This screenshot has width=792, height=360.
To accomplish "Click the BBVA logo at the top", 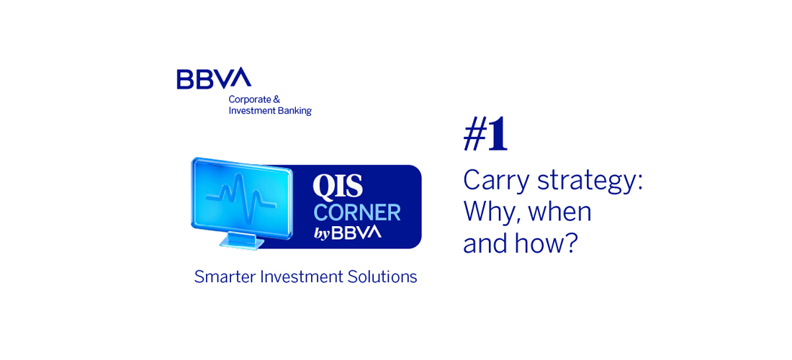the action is point(214,78).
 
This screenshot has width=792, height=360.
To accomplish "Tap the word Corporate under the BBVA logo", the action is point(246,99).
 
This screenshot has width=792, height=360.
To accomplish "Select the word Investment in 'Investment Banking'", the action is point(250,111).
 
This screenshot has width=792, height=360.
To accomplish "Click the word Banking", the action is point(292,111).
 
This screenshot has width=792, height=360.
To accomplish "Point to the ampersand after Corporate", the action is point(269,99).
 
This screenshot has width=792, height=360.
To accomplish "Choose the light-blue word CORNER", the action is point(356,212).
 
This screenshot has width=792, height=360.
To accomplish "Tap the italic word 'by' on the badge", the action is point(321,234).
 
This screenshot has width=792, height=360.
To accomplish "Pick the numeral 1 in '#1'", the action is point(498,137).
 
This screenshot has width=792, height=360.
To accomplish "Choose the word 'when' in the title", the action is point(559,213).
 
